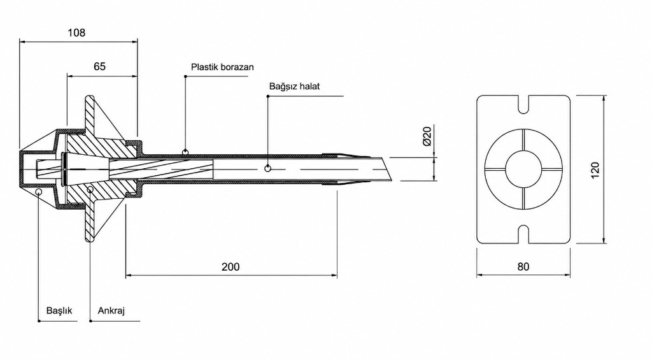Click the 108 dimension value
point(76,32)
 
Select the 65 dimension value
point(100,66)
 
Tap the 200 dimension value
point(230,267)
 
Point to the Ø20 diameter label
point(427,136)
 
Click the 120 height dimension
point(595,170)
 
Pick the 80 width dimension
point(523,267)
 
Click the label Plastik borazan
point(222,67)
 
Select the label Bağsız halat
point(294,87)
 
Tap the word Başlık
point(59,310)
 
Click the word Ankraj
point(111,310)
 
